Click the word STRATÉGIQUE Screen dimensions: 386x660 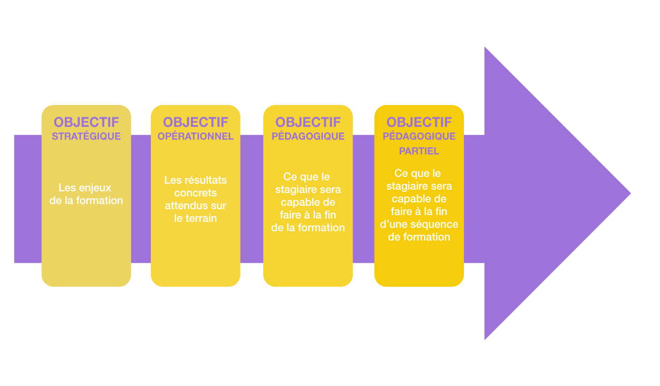pos(86,136)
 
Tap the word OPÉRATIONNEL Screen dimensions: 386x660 pos(196,136)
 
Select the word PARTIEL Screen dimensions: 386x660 pos(419,151)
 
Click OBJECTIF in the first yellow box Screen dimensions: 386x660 pos(86,122)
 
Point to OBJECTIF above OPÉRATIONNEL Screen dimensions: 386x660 pos(196,122)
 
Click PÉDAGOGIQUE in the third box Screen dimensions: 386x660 pos(308,136)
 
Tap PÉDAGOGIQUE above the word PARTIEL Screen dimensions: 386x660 pos(419,136)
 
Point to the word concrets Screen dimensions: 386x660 pos(196,193)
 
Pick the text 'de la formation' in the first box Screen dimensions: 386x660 pos(86,201)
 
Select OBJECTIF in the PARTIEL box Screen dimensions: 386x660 pos(419,122)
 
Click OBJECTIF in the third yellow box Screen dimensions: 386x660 pos(308,122)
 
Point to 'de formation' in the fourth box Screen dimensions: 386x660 pos(419,237)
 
